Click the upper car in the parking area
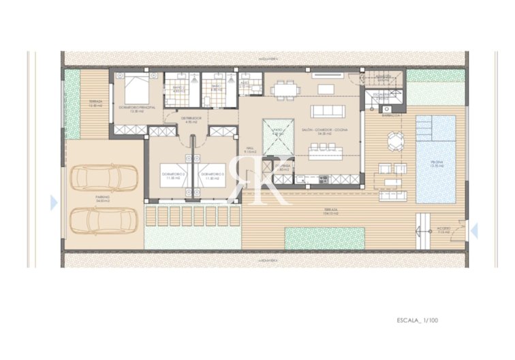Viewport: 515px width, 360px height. (x=98, y=178)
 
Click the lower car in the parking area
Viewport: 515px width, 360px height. (x=98, y=220)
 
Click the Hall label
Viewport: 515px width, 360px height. (x=249, y=150)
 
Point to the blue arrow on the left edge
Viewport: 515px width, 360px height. (x=54, y=202)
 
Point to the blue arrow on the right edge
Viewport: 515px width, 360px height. (x=474, y=231)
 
